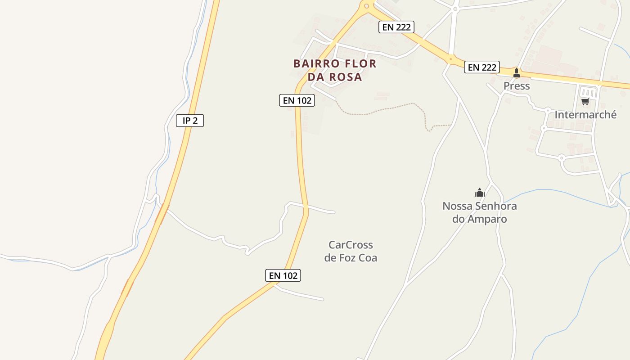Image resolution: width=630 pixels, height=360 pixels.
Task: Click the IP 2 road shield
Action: [x=190, y=121]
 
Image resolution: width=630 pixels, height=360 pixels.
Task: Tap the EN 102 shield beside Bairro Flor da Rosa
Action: [x=297, y=100]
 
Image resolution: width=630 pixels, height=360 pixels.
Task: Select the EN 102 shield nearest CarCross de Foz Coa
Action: [x=283, y=275]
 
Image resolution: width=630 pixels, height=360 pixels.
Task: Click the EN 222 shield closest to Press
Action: [x=482, y=67]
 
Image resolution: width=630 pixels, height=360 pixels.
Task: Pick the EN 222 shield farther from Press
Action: [x=396, y=27]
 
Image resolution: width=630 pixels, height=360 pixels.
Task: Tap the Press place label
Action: [x=517, y=86]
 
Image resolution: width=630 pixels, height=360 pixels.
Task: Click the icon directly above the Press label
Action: [x=517, y=72]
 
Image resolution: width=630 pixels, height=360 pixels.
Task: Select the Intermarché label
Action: [x=585, y=115]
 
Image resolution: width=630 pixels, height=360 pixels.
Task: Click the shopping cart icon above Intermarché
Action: [x=585, y=102]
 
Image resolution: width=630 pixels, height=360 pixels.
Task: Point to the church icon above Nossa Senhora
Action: [x=480, y=193]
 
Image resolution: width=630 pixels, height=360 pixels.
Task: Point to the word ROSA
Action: [x=345, y=77]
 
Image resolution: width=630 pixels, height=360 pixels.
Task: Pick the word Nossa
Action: [x=457, y=206]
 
